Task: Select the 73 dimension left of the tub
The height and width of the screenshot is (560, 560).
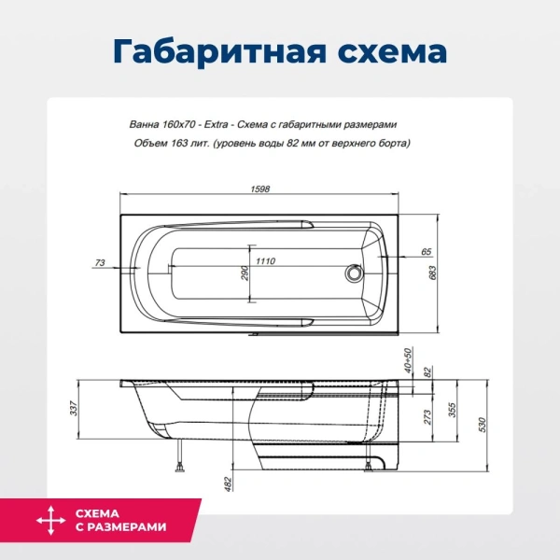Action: click(101, 264)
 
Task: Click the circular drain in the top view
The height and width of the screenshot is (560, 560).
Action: click(354, 274)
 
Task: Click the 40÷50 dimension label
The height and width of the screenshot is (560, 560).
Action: click(408, 359)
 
